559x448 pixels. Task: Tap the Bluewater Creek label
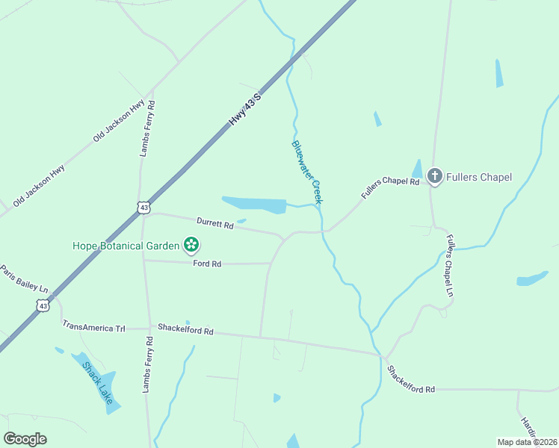tap(307, 172)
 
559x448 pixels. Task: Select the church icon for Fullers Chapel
tap(435, 176)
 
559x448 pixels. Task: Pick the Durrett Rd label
tap(215, 223)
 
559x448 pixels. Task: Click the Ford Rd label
tap(207, 264)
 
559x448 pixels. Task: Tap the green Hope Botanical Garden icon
tap(192, 244)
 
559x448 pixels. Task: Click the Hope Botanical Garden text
tap(126, 245)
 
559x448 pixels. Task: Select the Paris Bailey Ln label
tap(23, 279)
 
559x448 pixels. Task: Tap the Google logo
tap(25, 439)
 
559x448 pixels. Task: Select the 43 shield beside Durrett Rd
tap(143, 207)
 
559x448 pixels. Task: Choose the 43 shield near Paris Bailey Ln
tap(43, 305)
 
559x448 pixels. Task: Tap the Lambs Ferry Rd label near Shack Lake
tap(149, 365)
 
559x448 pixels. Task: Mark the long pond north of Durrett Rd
tap(254, 204)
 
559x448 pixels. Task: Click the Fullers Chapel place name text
tap(479, 177)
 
